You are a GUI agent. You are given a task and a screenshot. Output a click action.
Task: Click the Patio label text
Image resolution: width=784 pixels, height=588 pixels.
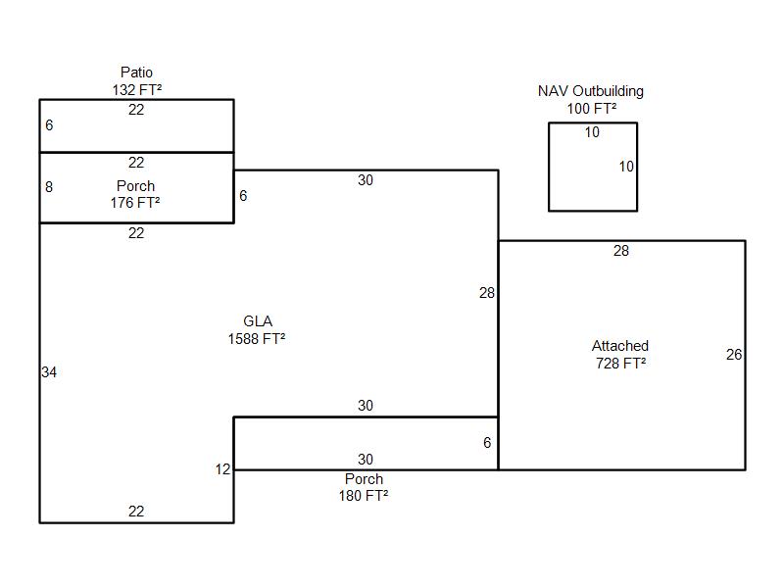click(x=136, y=73)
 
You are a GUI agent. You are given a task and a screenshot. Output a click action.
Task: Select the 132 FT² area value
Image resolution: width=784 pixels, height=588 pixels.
click(x=136, y=89)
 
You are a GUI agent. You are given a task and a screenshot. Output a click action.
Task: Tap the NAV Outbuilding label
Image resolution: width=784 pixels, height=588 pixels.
click(x=591, y=91)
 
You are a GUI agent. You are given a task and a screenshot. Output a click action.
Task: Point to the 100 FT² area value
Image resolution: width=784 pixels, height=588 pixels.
click(x=592, y=108)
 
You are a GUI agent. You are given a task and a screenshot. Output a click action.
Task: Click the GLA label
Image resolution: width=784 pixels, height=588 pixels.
click(x=258, y=321)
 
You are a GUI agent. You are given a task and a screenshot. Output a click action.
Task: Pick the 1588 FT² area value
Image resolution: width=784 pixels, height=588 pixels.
click(x=257, y=339)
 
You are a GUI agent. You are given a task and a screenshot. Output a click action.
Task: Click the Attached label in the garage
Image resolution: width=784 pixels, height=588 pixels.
click(x=620, y=346)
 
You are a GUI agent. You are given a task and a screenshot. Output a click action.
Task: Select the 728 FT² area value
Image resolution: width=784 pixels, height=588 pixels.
click(x=620, y=363)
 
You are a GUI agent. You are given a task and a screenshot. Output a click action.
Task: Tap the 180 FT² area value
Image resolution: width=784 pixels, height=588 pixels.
click(x=364, y=496)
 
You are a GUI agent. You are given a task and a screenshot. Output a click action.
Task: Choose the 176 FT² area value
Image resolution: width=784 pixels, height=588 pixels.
click(x=135, y=203)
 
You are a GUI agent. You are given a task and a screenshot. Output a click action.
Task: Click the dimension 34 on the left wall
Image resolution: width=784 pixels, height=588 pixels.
click(x=49, y=372)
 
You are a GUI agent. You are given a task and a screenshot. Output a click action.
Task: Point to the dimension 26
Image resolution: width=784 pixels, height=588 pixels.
click(x=734, y=355)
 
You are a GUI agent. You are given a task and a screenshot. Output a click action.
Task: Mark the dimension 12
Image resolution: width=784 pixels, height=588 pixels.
click(x=223, y=469)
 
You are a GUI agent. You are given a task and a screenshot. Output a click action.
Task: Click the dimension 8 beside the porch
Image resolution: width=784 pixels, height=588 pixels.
click(x=49, y=187)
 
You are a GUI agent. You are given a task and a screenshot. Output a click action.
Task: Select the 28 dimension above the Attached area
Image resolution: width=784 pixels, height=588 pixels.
click(x=621, y=251)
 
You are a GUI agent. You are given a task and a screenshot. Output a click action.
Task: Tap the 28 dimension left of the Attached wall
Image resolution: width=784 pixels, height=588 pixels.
click(x=487, y=293)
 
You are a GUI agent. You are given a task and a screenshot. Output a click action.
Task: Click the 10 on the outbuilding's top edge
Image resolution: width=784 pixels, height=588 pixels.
click(x=592, y=132)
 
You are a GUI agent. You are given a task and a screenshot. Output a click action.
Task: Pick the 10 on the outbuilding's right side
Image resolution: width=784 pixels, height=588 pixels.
click(x=626, y=167)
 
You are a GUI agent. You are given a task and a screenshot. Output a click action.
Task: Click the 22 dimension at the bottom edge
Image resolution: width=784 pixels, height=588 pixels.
click(x=136, y=512)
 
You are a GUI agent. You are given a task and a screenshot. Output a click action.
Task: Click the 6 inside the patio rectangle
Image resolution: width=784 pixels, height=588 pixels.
click(x=49, y=125)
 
